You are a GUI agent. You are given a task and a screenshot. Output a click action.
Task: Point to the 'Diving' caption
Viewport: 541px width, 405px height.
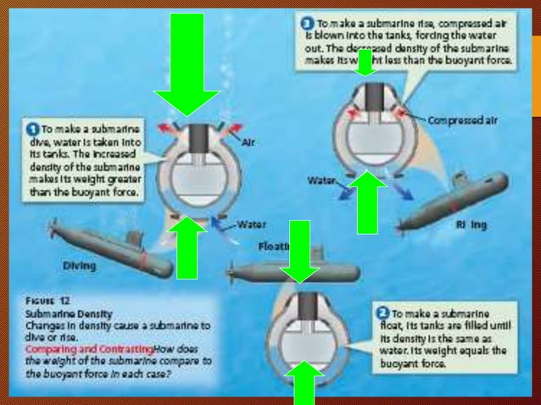79,265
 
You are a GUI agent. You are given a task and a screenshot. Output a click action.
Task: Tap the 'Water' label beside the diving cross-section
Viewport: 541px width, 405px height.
251,225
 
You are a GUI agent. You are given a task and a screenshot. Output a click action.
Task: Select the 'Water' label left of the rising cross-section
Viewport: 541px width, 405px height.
322,180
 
